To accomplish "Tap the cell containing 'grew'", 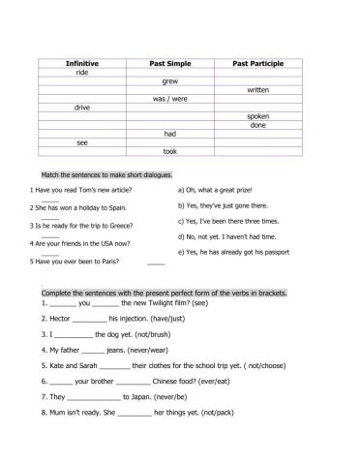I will pyautogui.click(x=169, y=80).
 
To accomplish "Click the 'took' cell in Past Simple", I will pyautogui.click(x=169, y=151).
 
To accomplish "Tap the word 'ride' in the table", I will pyautogui.click(x=81, y=72).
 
